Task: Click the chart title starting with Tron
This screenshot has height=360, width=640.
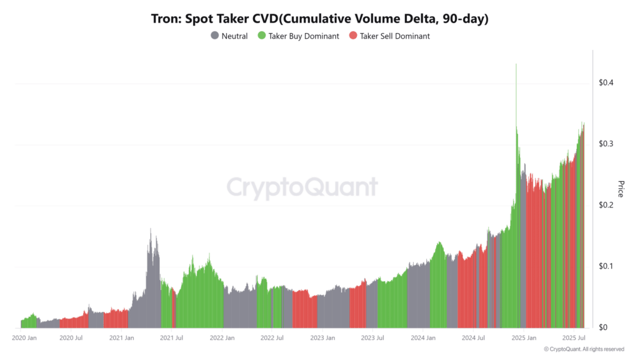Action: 319,19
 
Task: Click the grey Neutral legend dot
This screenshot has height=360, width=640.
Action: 215,36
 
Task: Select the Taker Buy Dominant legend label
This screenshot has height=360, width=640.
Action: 304,36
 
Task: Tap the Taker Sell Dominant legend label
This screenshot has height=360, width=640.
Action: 394,36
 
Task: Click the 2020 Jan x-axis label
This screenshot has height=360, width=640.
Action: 25,338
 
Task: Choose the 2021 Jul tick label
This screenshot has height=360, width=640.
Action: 171,338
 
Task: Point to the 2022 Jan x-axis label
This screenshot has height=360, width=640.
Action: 222,338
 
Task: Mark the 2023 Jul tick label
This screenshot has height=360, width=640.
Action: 372,338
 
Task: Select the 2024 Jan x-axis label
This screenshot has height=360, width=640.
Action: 422,338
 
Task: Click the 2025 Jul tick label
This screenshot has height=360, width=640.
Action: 572,338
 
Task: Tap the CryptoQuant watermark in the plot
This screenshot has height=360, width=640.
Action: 301,187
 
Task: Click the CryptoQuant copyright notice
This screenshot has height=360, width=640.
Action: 584,349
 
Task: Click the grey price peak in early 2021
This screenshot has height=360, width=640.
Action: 151,232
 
